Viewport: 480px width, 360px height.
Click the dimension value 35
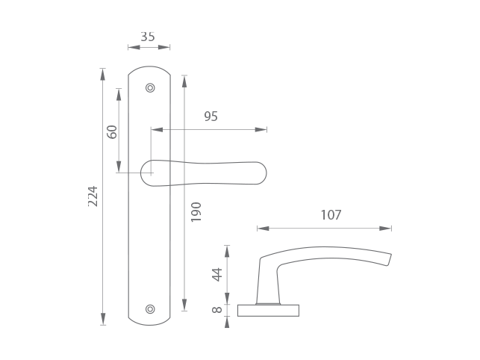148,37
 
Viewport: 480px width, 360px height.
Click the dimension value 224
93,196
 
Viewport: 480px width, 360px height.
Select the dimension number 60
112,131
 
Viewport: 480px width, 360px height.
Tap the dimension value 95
211,117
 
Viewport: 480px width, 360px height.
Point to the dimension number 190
196,211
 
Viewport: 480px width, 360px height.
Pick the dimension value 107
331,215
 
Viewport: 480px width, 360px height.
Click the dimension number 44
217,274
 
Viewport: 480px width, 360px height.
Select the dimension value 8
217,309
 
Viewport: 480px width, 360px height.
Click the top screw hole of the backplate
150,88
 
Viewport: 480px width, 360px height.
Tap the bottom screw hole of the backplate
150,308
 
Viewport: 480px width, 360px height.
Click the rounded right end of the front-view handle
259,173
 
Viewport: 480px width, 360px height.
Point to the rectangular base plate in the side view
268,311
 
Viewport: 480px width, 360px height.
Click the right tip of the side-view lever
388,259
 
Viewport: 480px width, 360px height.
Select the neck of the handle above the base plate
267,284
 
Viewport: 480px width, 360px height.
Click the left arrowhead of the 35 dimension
134,48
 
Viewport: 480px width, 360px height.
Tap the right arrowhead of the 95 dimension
261,130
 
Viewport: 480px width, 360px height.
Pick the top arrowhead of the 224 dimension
103,74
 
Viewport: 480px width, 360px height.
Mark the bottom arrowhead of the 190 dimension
184,305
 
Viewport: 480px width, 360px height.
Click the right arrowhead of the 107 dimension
385,229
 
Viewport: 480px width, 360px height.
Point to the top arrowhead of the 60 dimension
119,94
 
